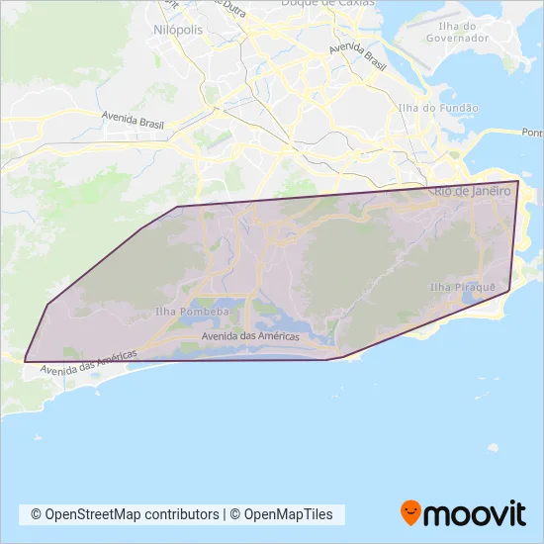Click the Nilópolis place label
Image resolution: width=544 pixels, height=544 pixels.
coord(178,30)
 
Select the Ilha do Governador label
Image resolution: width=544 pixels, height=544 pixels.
coord(457,32)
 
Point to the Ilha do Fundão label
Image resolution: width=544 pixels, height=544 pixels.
coord(437,108)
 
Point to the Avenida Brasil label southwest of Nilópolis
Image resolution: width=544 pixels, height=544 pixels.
coord(131,120)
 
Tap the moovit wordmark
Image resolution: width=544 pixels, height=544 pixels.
coord(474,514)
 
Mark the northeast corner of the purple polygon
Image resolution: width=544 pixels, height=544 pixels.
coord(518,181)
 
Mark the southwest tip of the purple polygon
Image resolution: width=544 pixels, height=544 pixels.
coord(24,361)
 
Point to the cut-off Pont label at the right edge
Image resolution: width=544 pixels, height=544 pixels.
coord(532,133)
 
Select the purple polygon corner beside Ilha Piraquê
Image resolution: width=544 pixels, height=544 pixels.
coord(509,290)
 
